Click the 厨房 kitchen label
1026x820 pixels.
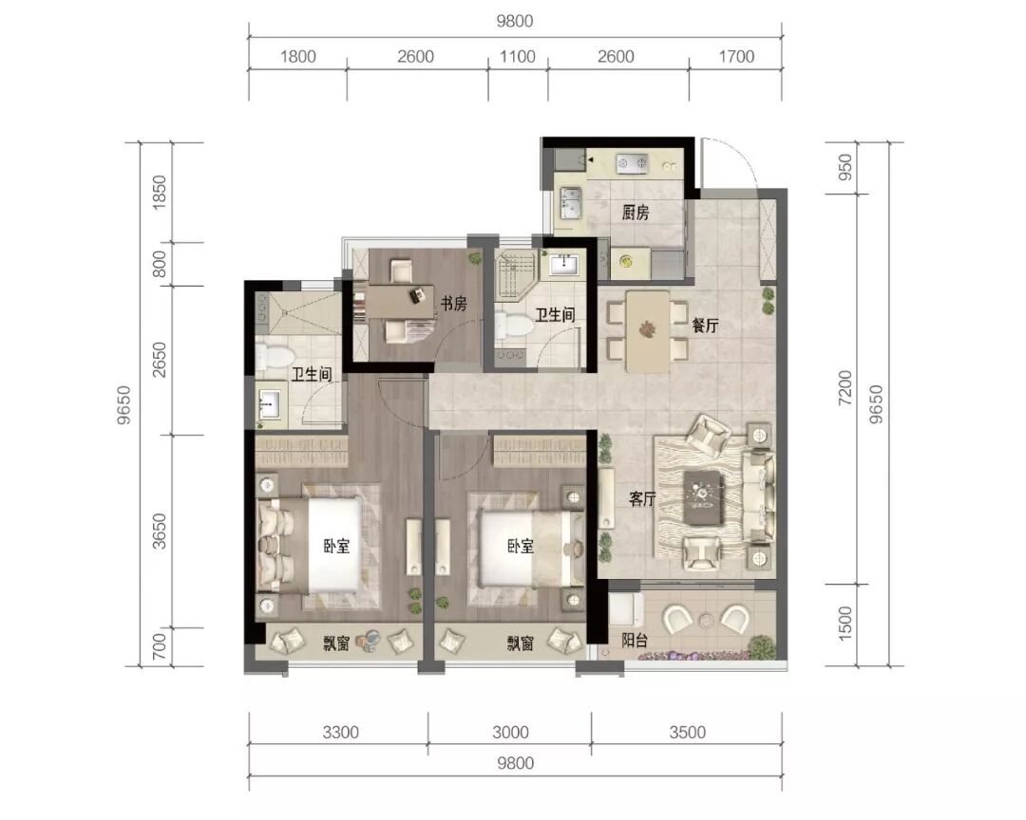click(x=635, y=213)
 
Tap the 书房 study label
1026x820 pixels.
click(x=453, y=304)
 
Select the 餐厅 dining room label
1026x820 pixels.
click(x=705, y=325)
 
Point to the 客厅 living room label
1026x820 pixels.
click(x=642, y=499)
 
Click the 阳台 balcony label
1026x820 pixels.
click(x=634, y=641)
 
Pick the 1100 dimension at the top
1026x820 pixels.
click(x=518, y=57)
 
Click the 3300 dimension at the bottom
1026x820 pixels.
click(x=340, y=733)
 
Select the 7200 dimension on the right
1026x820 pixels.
click(x=845, y=387)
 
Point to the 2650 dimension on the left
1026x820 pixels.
click(x=159, y=360)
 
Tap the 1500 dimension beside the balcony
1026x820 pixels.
click(x=845, y=624)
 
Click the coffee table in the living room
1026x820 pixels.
click(x=703, y=498)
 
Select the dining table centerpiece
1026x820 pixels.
click(x=648, y=328)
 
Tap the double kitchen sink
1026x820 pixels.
click(x=570, y=201)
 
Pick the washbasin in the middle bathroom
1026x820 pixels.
click(x=564, y=264)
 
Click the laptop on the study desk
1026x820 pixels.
click(x=417, y=295)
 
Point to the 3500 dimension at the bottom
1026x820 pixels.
click(x=687, y=733)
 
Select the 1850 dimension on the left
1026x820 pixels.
click(x=159, y=193)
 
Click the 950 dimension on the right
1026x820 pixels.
click(x=845, y=167)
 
